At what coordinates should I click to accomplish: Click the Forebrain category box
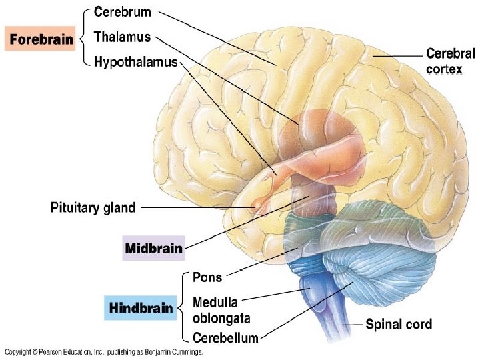point(41,39)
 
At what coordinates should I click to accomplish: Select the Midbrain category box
point(153,248)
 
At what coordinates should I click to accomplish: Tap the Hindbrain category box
point(141,308)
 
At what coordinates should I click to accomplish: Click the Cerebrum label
point(123,12)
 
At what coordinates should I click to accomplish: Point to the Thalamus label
point(123,37)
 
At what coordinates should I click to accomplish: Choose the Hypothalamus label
point(136,62)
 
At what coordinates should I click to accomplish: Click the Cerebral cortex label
point(451,61)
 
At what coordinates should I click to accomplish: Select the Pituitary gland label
point(93,207)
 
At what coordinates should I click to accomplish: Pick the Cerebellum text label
point(225,338)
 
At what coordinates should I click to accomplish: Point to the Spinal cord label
point(399,325)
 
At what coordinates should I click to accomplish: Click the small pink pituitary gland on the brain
point(257,206)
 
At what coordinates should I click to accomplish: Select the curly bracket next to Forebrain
point(83,39)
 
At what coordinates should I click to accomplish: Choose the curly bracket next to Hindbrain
point(182,307)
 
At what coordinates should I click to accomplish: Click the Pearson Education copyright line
point(103,351)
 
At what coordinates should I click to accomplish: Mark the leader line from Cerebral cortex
point(397,55)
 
